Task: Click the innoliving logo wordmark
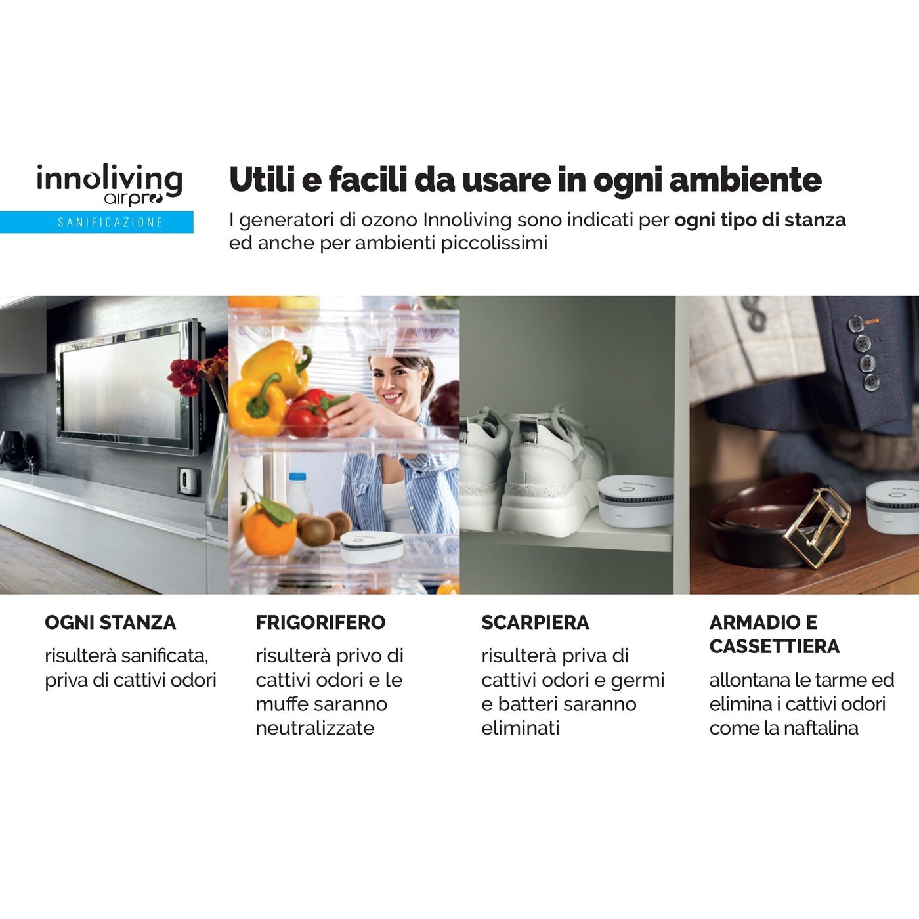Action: [109, 179]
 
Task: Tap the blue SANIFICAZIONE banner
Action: [96, 222]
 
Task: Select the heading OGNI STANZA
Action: [110, 622]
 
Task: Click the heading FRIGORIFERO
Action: [320, 622]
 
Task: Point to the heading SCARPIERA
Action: [535, 622]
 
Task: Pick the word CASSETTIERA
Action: [774, 647]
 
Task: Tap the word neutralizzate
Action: [315, 728]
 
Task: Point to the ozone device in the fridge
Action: [372, 546]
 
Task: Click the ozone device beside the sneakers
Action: [635, 500]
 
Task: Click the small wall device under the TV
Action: [187, 481]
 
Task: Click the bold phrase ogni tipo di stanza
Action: [759, 220]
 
